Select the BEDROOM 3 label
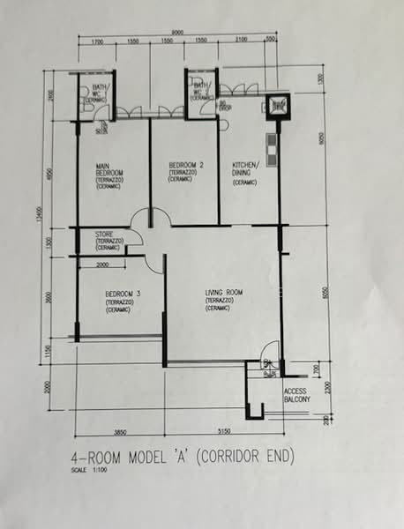(x=119, y=293)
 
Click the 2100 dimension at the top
(x=241, y=41)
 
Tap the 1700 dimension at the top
(x=97, y=41)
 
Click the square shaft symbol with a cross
(x=278, y=104)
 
